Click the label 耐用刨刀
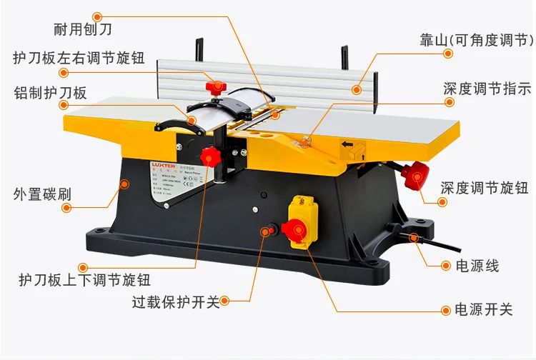point(84,30)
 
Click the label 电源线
point(477,266)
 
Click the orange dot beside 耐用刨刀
point(98,14)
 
